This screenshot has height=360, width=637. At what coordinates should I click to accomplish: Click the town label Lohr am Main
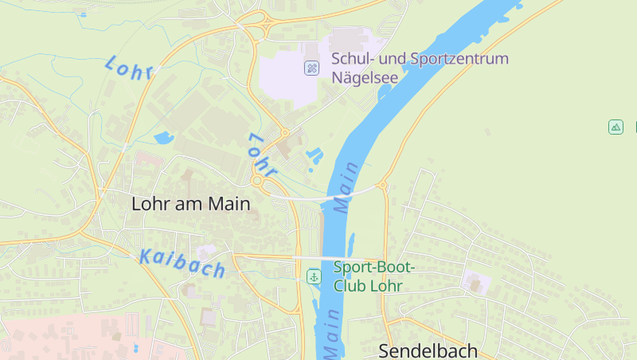point(191,204)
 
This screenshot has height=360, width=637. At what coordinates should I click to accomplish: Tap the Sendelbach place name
point(428,350)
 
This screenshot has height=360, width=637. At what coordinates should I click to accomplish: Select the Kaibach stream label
point(182,263)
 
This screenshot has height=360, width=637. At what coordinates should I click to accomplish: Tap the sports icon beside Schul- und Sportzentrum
point(311,68)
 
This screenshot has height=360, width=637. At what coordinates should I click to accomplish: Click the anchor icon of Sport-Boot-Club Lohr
point(315,276)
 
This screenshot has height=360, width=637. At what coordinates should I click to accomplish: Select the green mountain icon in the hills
point(616,127)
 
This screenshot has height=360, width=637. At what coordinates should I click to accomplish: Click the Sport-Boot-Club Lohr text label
point(374,276)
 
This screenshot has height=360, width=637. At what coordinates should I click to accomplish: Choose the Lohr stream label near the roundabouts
point(261,155)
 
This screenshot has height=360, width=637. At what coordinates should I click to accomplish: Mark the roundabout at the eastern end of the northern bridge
point(382,186)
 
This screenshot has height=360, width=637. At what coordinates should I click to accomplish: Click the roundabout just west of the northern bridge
point(257,182)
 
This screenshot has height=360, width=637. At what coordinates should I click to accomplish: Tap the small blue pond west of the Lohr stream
point(163,138)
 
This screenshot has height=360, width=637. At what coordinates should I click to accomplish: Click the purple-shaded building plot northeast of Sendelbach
point(475,281)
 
